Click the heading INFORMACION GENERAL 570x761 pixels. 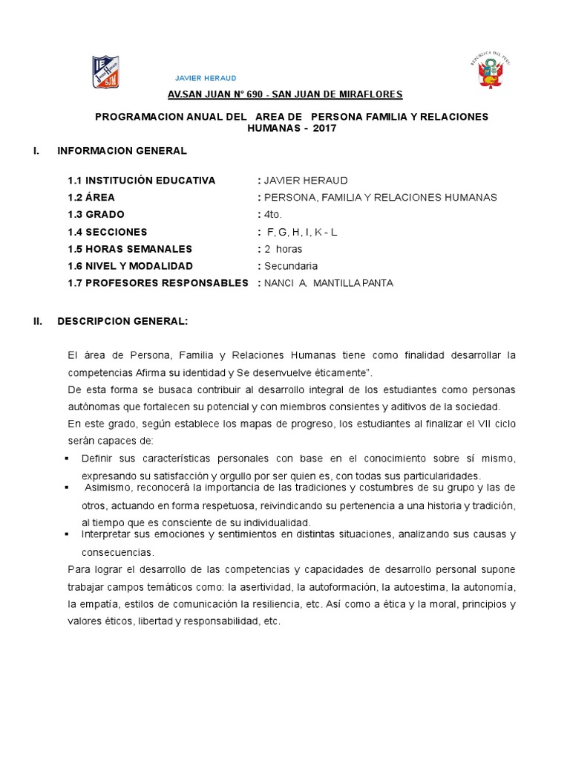click(x=122, y=151)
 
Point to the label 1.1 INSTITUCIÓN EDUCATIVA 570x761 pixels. click(x=141, y=181)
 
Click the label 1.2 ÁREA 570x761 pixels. click(x=91, y=198)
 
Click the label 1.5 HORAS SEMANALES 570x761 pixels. click(x=130, y=249)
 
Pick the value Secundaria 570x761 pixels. click(x=291, y=266)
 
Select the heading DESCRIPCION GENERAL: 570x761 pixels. click(x=122, y=322)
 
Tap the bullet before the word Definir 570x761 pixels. click(x=68, y=457)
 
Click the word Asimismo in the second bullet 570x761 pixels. click(x=110, y=488)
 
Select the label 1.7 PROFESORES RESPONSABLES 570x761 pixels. click(x=157, y=283)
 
